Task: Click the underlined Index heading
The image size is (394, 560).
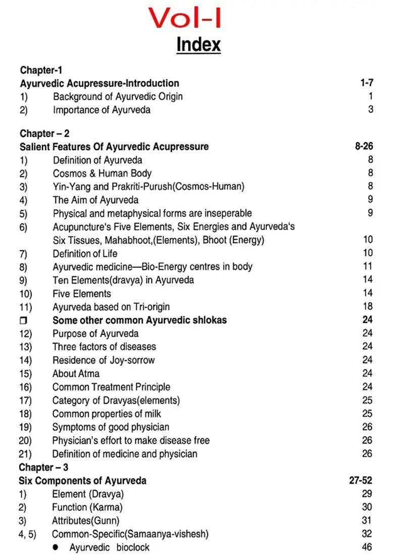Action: coord(199,44)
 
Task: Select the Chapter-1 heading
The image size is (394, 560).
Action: coord(41,70)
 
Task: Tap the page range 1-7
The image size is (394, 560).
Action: coord(367,83)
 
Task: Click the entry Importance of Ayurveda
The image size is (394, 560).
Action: coord(102,110)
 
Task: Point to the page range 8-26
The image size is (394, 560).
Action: coord(364,147)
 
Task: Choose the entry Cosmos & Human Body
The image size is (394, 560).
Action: coord(102,173)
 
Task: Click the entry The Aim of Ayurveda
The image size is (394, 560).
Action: coord(95,200)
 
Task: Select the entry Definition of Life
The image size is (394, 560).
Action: coord(85,253)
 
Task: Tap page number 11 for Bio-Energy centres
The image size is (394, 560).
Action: coord(368,266)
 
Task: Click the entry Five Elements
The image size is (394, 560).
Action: coord(82,294)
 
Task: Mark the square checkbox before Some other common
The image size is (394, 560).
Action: coord(23,320)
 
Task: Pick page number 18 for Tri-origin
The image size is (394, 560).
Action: coord(368,306)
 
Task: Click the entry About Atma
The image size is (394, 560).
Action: coord(76,374)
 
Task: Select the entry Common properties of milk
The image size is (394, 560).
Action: coord(107,414)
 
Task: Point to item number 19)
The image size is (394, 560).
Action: coord(25,427)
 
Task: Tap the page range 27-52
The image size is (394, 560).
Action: coord(361,481)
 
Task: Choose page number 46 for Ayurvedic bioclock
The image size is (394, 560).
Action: coord(367,547)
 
